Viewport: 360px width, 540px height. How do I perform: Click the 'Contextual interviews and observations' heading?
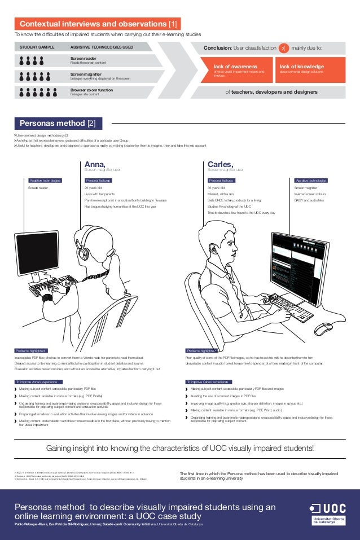(x=98, y=24)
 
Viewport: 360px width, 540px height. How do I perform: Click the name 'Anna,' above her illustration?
(x=95, y=164)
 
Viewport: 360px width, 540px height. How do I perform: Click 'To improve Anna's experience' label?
(x=37, y=382)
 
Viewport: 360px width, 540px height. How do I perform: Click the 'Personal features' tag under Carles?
(x=221, y=181)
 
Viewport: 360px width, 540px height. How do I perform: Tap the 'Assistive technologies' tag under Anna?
(x=45, y=181)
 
